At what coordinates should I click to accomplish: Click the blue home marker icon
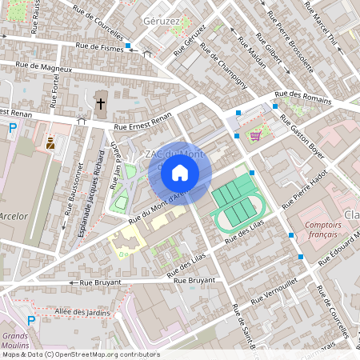(180, 172)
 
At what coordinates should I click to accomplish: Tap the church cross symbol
(101, 102)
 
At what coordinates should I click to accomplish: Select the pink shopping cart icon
(256, 134)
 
